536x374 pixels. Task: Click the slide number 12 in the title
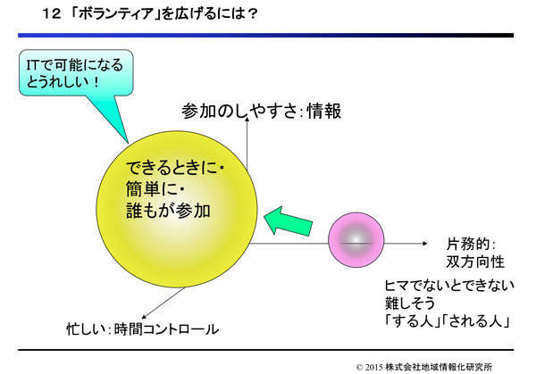(x=52, y=14)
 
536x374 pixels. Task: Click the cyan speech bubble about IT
(x=76, y=73)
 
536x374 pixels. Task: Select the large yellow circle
(x=177, y=209)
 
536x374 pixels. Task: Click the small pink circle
(x=356, y=240)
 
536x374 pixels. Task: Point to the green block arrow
(x=289, y=221)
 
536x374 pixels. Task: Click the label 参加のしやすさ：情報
(x=261, y=111)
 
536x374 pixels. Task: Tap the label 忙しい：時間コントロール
(x=143, y=329)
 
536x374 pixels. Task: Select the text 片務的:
(x=471, y=245)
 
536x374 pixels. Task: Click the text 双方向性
(x=475, y=262)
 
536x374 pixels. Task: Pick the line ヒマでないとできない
(x=449, y=286)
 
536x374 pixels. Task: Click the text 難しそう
(x=410, y=303)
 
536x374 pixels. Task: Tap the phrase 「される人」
(x=476, y=321)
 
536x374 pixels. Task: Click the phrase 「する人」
(x=412, y=321)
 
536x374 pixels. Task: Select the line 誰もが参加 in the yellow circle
(x=168, y=211)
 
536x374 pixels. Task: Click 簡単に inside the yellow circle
(x=152, y=189)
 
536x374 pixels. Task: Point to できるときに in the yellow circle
(x=172, y=167)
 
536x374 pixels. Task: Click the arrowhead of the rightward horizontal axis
(x=425, y=244)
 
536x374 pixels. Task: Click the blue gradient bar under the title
(x=265, y=35)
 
